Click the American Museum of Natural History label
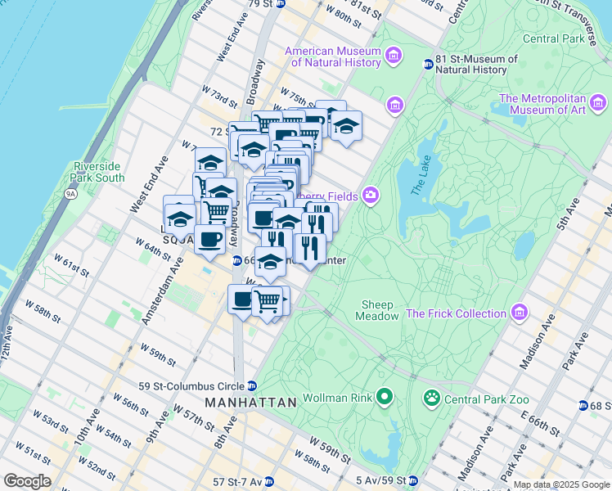[x=333, y=56]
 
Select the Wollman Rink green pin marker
[x=385, y=399]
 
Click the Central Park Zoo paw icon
[x=431, y=399]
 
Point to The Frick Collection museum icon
[x=518, y=313]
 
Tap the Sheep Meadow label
[x=379, y=310]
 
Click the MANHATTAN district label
[x=250, y=403]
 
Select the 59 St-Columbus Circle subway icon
[x=253, y=385]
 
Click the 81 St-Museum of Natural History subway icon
[x=428, y=65]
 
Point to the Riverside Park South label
[x=98, y=172]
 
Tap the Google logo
[x=27, y=481]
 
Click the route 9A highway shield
[x=70, y=194]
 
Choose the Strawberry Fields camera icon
[x=371, y=195]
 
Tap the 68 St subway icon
[x=583, y=406]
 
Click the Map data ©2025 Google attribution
[x=561, y=484]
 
